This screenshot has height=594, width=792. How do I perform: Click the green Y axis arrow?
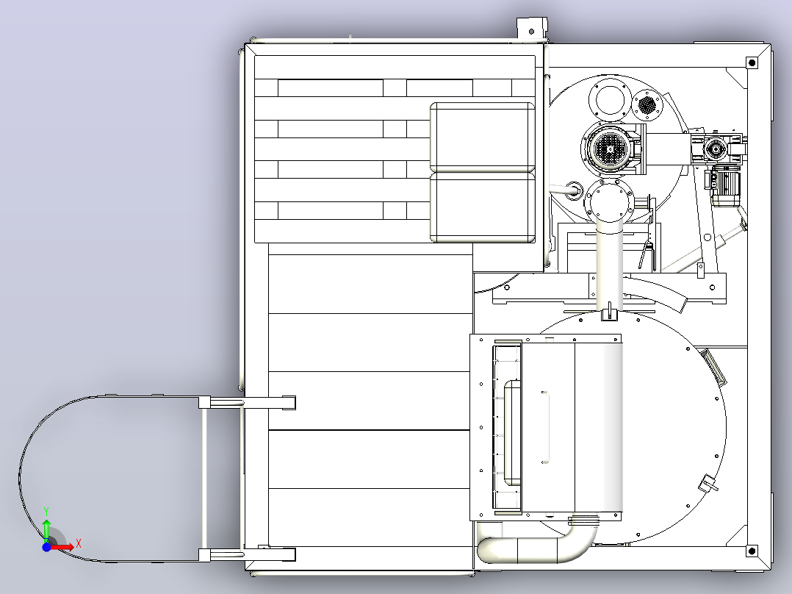tap(46, 529)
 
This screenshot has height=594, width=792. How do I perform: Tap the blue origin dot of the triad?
tap(46, 547)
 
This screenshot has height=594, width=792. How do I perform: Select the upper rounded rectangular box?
tap(483, 137)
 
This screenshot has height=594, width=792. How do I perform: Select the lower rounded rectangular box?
tap(483, 208)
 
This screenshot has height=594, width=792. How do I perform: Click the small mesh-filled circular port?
tap(647, 104)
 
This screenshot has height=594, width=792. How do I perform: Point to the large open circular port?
tap(610, 99)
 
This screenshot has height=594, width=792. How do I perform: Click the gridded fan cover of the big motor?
tap(609, 148)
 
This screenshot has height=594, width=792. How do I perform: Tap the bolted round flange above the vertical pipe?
tap(609, 201)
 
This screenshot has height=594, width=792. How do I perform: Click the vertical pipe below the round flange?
tap(609, 268)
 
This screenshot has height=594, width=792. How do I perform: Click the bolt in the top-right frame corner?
tap(752, 62)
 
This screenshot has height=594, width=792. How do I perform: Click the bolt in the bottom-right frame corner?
tap(752, 551)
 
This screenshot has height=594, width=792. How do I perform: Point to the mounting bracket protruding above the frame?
tap(532, 29)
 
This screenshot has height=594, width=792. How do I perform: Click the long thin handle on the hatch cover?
tap(545, 427)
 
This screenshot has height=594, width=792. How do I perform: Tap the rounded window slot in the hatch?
tap(513, 433)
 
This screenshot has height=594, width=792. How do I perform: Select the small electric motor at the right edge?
tap(725, 189)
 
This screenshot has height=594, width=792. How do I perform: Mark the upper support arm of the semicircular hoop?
tap(247, 403)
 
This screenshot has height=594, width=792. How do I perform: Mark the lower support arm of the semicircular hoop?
tap(247, 554)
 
